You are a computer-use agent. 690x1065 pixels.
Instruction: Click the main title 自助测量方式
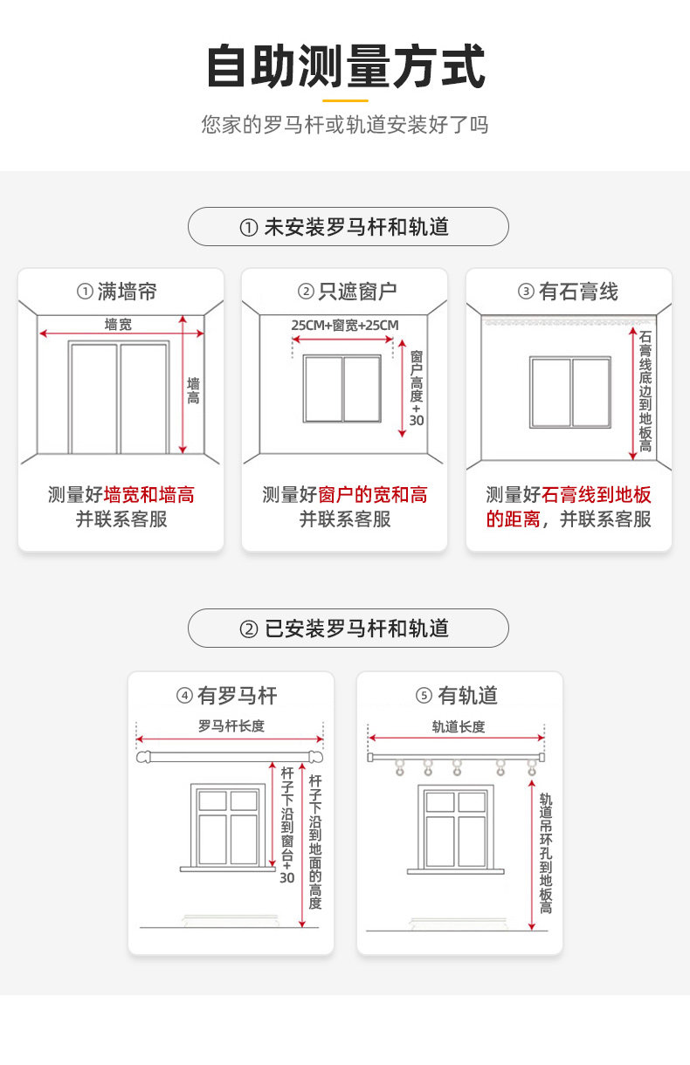[345, 68]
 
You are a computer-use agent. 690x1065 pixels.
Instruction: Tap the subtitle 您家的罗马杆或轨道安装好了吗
[345, 125]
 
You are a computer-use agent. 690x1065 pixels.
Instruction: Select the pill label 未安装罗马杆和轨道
[348, 227]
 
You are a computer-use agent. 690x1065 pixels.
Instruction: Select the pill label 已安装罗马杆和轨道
[348, 629]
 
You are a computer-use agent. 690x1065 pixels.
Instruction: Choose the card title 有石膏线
[569, 292]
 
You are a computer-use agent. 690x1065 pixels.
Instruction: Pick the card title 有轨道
[459, 696]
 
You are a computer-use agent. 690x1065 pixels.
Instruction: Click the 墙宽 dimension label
[119, 325]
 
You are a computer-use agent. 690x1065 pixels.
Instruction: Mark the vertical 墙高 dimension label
[193, 390]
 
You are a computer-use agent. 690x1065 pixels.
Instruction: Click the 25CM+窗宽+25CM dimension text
[345, 326]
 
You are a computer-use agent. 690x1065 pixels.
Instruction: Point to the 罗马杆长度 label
[231, 725]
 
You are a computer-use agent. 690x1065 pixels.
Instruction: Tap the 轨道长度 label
[459, 726]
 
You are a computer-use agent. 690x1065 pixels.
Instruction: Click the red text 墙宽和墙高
[149, 496]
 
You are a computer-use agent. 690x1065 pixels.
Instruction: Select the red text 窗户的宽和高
[373, 496]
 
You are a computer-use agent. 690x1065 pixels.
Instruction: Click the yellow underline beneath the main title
[346, 100]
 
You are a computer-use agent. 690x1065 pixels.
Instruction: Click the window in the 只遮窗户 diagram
[342, 388]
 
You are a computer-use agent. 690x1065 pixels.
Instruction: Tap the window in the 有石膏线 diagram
[570, 392]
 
